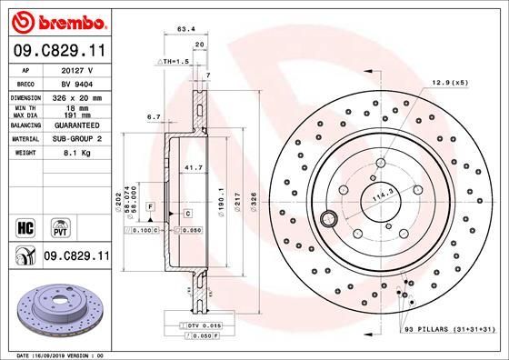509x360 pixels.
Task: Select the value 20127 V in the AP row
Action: click(x=76, y=70)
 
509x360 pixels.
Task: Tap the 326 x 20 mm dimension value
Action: click(x=77, y=97)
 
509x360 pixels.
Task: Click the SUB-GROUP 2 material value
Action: click(x=77, y=140)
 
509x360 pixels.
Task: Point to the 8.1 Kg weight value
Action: click(x=77, y=154)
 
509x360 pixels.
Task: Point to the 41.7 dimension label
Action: click(x=193, y=168)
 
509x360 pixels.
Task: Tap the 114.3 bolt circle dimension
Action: click(x=379, y=195)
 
